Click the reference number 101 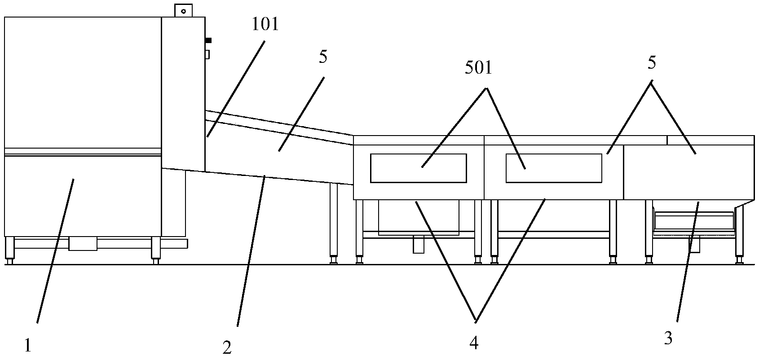pos(265,25)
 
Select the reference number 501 pos(479,68)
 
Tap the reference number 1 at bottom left pos(28,346)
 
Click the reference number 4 pos(474,343)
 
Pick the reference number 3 pos(668,339)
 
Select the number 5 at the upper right pos(652,63)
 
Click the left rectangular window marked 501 pos(418,168)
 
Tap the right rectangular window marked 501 pos(554,168)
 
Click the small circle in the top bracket pos(183,11)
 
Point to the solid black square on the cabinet pos(208,40)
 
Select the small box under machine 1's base pos(83,243)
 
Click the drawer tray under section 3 pos(694,222)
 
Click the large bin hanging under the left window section pos(419,218)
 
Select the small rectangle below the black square pos(207,54)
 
